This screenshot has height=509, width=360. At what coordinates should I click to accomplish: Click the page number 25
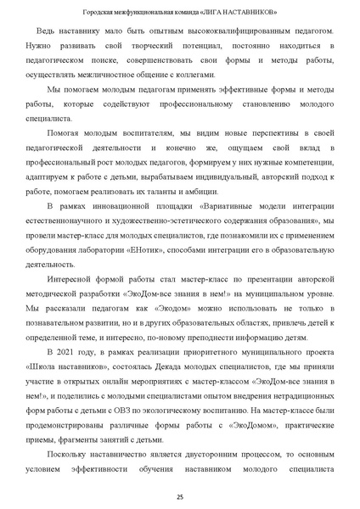tap(180, 496)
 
